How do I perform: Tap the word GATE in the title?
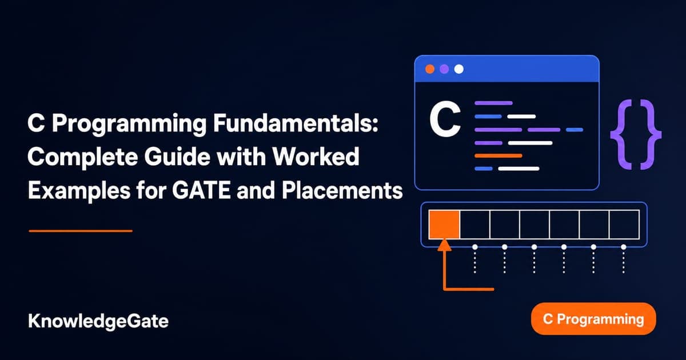pos(201,191)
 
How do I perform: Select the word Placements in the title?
pos(342,191)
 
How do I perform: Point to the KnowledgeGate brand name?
pos(98,321)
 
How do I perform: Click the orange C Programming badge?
pos(593,319)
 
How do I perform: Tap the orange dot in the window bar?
pos(430,69)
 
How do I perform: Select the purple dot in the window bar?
pos(444,69)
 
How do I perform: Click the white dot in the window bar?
pos(458,69)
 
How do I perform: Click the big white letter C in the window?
pos(445,119)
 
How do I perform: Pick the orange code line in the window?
pos(498,156)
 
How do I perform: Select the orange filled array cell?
pos(444,225)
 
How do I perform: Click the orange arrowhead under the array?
pos(444,245)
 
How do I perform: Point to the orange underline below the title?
pos(81,231)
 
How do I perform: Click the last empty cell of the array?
pos(624,225)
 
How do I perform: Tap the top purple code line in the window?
pos(494,103)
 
